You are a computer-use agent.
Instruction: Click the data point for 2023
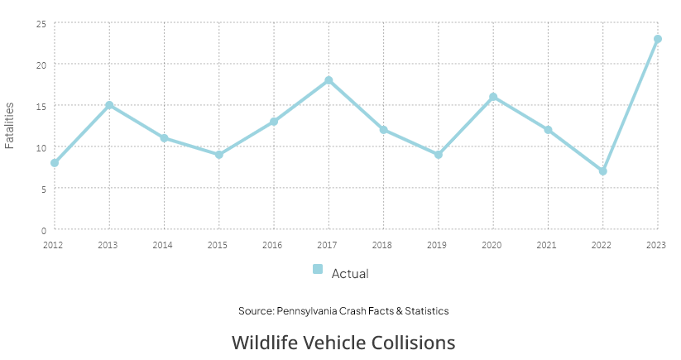658,39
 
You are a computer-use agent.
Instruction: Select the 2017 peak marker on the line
329,80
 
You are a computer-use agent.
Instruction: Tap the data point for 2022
603,171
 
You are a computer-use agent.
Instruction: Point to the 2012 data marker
55,163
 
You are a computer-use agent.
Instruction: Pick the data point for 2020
493,97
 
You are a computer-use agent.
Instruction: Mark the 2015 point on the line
219,155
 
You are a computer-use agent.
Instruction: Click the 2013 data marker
109,105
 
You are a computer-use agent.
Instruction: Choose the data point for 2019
439,155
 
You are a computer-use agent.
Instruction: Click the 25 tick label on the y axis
41,24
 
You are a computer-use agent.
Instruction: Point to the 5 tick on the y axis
43,190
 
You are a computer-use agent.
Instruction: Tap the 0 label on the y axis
43,231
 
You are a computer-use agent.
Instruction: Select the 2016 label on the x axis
272,245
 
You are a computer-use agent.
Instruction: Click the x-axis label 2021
546,245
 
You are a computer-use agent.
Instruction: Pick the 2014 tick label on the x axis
162,245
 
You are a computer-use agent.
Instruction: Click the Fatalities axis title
9,126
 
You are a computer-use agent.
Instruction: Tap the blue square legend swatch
318,269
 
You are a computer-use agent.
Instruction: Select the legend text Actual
350,274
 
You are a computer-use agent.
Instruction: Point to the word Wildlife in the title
265,342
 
